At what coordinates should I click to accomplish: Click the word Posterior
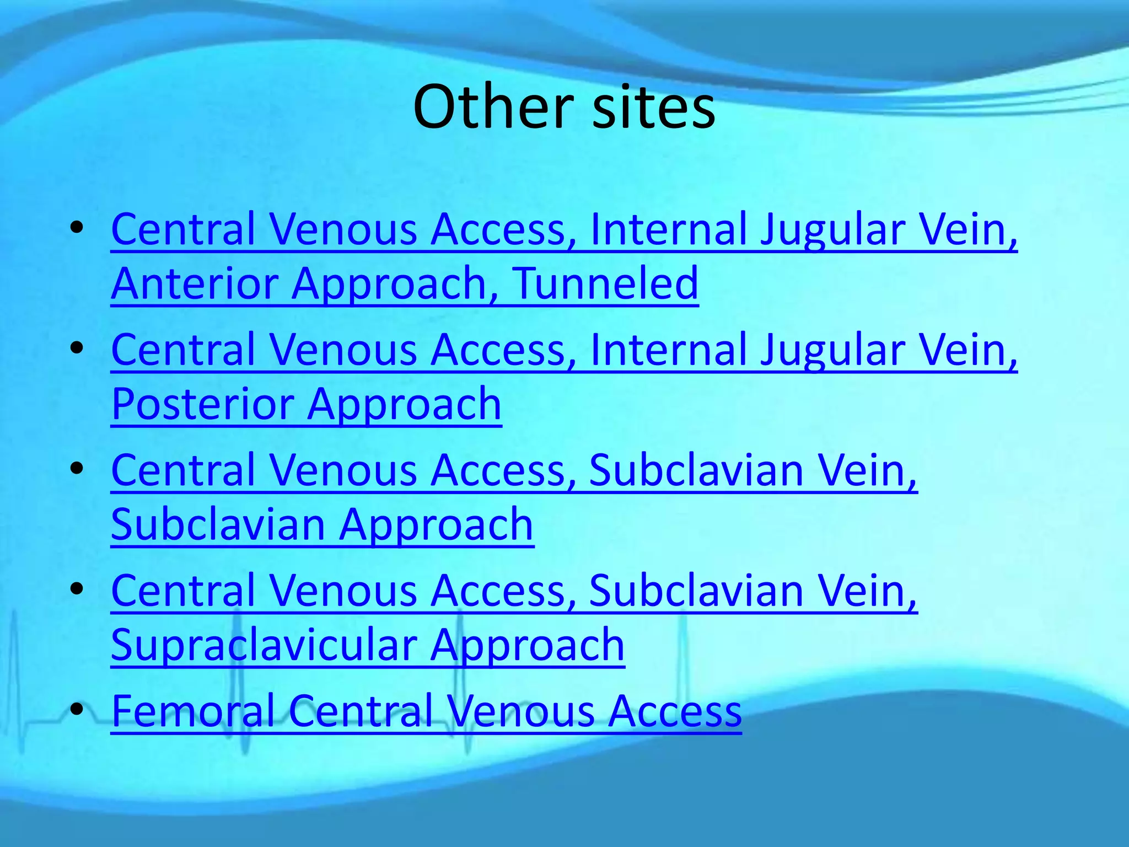[202, 404]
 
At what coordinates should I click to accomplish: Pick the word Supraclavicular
[264, 645]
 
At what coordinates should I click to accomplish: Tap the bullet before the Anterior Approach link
[77, 227]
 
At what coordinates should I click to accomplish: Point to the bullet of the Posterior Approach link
[77, 348]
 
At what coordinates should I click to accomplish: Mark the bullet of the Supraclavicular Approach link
[77, 589]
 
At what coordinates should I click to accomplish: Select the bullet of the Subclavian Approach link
[77, 468]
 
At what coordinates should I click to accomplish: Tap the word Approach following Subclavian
[436, 526]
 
